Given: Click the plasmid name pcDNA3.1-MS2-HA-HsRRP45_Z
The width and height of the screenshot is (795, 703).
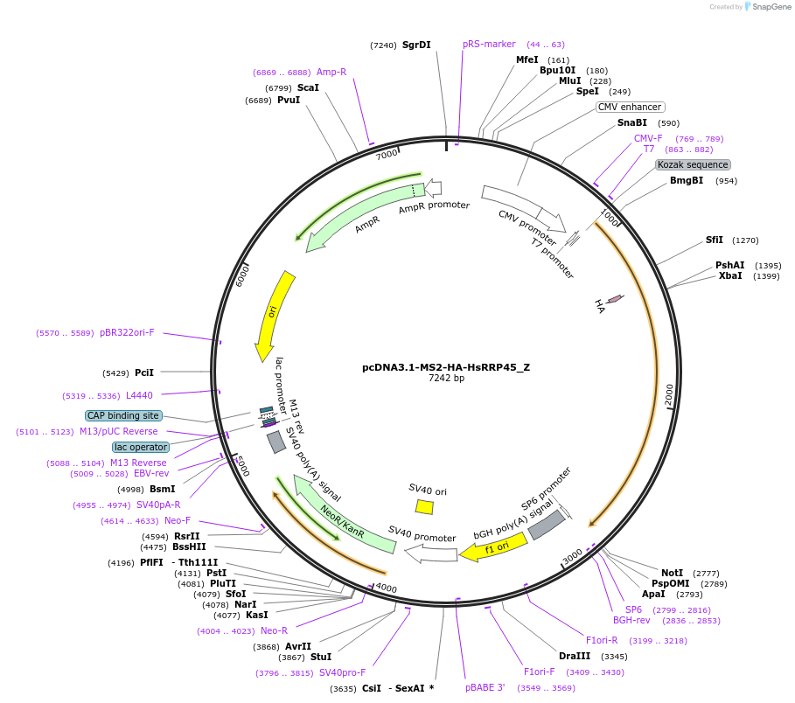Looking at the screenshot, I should click(446, 367).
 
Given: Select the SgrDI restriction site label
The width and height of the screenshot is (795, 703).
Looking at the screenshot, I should click(416, 45).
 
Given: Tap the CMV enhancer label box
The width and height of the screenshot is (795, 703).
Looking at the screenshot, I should click(630, 107).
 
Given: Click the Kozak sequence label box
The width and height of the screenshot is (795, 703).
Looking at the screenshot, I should click(693, 164).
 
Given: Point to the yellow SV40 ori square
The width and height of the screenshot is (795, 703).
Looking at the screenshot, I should click(424, 506).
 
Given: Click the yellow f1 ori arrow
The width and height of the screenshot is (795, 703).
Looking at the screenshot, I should click(499, 546).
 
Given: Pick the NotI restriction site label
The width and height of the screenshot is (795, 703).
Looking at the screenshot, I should click(672, 573).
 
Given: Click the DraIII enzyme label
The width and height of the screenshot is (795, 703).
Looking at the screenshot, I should click(575, 656).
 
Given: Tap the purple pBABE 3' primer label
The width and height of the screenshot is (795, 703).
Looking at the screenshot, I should click(485, 687).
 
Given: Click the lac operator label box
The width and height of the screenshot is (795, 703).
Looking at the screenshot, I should click(140, 447).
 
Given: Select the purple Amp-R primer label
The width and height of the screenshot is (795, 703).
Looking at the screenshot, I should click(331, 72).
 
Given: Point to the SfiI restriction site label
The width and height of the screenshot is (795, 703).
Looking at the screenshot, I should click(715, 240).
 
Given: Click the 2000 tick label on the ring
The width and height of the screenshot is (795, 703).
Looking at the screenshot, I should click(669, 394).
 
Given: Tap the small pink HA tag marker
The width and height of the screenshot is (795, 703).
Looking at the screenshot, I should click(615, 299).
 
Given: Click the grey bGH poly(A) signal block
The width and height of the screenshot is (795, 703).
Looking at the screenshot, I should click(547, 525).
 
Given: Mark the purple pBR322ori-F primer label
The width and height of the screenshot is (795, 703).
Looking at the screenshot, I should click(127, 332).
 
